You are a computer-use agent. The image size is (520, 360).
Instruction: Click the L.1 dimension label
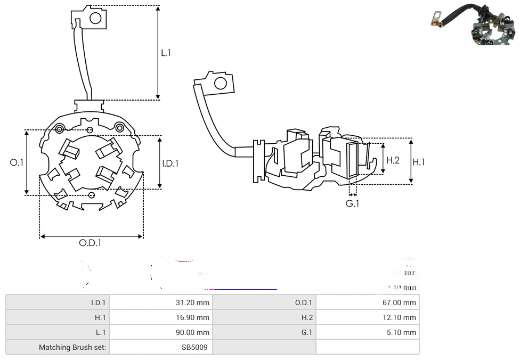[166, 53]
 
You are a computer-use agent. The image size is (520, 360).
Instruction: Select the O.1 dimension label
[17, 162]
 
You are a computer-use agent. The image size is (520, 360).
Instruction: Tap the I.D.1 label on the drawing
[170, 163]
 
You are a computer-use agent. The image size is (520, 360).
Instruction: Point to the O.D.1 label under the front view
[90, 243]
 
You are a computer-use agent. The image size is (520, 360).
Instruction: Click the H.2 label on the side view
[393, 160]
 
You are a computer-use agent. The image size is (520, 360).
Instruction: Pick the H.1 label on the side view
[419, 162]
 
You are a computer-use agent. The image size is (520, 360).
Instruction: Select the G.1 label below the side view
[352, 203]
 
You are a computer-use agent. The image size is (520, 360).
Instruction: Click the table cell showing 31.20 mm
[192, 302]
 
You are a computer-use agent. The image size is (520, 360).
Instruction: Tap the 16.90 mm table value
[192, 317]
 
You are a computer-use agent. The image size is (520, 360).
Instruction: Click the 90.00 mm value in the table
[192, 332]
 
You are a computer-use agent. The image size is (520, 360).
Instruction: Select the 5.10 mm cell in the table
[403, 332]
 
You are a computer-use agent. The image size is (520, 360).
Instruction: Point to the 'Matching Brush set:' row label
[72, 347]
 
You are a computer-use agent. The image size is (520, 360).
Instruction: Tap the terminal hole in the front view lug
[95, 19]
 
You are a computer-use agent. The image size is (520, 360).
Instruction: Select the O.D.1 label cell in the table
[304, 302]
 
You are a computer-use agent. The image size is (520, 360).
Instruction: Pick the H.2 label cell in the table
[307, 317]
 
